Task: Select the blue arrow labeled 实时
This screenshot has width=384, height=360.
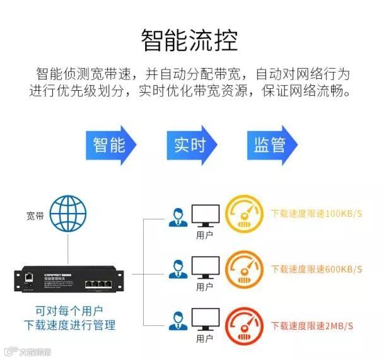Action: click(191, 145)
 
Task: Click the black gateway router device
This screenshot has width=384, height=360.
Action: click(68, 278)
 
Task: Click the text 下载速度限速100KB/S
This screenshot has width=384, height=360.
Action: click(317, 213)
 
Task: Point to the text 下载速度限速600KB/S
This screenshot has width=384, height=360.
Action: click(317, 269)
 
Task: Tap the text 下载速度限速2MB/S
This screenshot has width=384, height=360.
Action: click(311, 325)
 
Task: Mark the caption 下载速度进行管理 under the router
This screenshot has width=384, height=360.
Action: click(69, 325)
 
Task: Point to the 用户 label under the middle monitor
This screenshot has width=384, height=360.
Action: click(204, 287)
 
